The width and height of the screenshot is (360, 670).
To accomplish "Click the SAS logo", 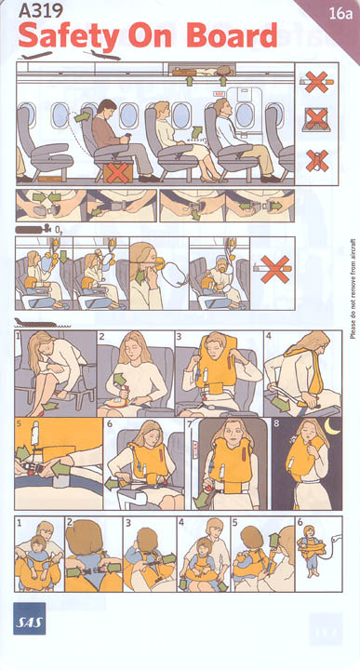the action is (x=30, y=618).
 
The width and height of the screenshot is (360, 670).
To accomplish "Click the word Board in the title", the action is (x=232, y=36).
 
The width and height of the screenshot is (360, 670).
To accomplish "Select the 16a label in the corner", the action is (x=340, y=14).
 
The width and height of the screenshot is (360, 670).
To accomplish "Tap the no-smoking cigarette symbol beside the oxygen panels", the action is (x=274, y=269).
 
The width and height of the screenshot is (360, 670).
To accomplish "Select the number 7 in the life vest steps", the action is (x=190, y=424).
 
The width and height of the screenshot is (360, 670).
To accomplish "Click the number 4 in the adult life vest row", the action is (x=268, y=335).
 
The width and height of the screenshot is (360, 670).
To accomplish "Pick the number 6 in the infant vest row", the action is (x=300, y=522).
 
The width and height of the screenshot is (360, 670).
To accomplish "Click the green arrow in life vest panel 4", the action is (x=280, y=404).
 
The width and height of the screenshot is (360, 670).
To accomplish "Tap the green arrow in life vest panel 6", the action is (x=112, y=483).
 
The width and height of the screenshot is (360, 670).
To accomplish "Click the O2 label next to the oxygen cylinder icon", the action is (x=58, y=230).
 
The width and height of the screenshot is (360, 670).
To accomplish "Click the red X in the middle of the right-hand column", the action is (x=316, y=118).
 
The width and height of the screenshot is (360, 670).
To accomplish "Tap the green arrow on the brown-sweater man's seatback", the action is (x=83, y=115).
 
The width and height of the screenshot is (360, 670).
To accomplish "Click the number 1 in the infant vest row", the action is (x=19, y=522).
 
